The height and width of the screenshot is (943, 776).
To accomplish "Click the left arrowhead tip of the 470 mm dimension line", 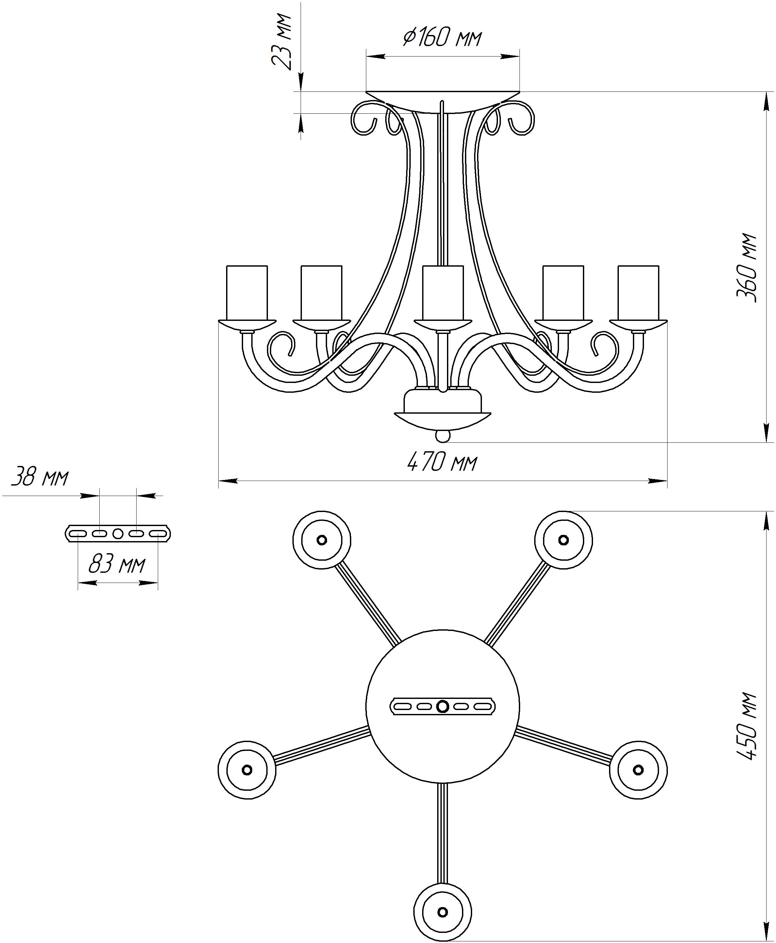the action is (x=219, y=481).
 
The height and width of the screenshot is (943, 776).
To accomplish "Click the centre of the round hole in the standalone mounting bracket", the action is (x=118, y=533).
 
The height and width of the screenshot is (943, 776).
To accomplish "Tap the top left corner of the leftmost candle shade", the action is (x=227, y=266).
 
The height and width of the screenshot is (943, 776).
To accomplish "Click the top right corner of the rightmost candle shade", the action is (x=658, y=266).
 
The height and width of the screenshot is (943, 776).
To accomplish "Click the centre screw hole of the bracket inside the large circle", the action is (x=442, y=706).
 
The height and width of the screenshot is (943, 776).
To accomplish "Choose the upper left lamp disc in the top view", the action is (x=322, y=540).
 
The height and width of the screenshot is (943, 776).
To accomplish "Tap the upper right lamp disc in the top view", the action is (x=564, y=540).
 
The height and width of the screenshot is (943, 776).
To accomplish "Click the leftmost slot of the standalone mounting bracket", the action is (x=78, y=533).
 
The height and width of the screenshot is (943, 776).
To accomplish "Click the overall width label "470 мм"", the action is (x=442, y=462).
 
